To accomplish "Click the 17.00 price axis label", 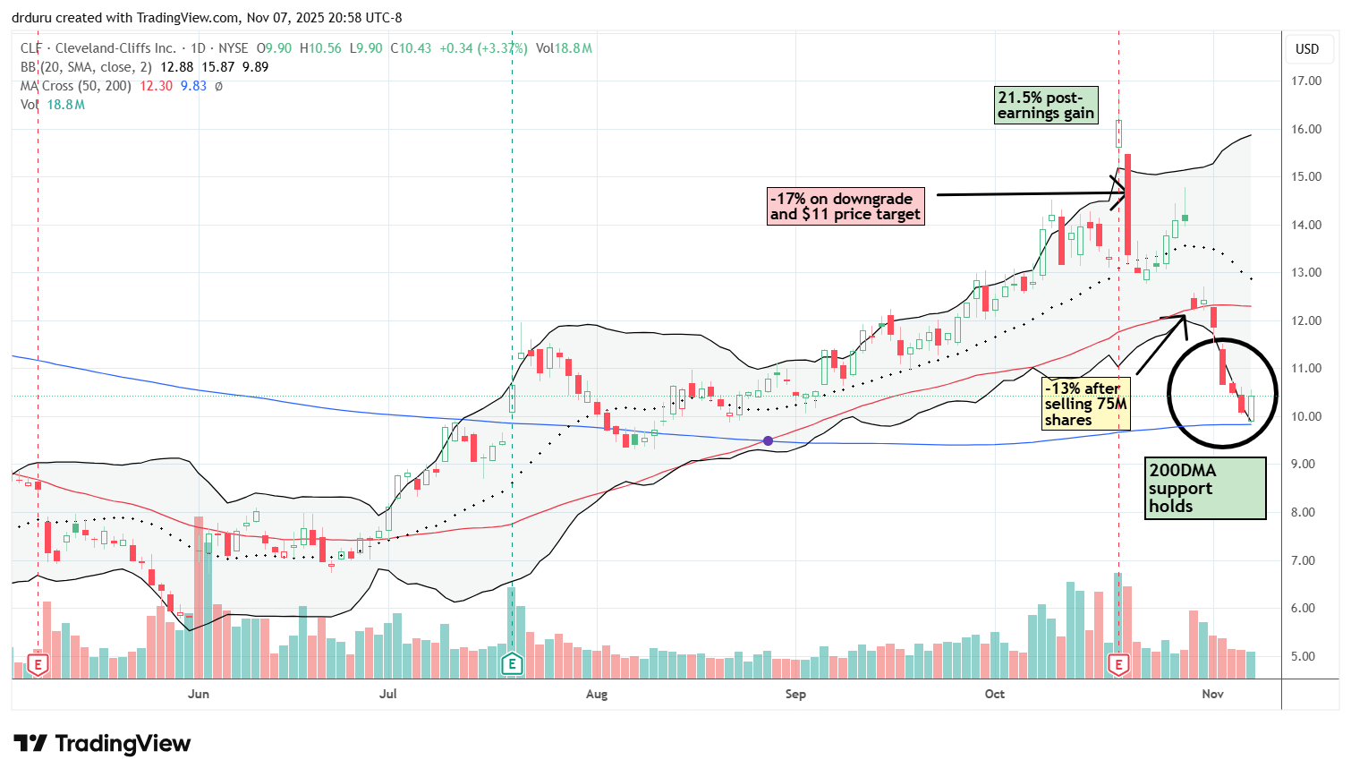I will (1307, 81).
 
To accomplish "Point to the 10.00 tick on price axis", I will (1307, 416).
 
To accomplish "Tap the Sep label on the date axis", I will (794, 694).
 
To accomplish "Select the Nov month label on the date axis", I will (1212, 694).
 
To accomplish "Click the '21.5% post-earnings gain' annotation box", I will (1046, 105).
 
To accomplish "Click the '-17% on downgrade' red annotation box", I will (845, 206).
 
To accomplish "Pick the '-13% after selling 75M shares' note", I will (1085, 404).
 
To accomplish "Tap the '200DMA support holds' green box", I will (1205, 488).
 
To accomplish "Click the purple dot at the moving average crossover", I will (768, 440).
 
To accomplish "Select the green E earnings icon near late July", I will (512, 664).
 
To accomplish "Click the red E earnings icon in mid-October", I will (1118, 664).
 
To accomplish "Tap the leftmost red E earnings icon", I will (38, 664).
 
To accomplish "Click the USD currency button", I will (1307, 48).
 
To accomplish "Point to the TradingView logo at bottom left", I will (102, 744).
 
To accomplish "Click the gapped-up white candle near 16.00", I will (1118, 134).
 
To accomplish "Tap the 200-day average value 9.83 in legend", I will (193, 86).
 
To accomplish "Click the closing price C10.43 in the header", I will (411, 48).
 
